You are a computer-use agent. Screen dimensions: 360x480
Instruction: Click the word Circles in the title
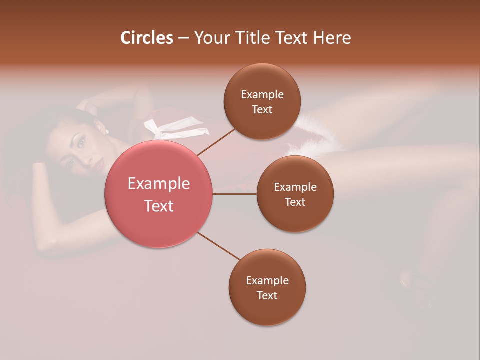[147, 38]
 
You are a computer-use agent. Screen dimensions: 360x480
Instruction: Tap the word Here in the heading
[331, 38]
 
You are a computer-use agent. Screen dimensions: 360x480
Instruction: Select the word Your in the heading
[212, 38]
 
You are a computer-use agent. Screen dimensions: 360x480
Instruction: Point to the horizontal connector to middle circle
[235, 194]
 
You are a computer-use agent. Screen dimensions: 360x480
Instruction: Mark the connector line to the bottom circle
[219, 246]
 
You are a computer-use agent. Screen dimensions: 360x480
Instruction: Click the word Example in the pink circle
[158, 184]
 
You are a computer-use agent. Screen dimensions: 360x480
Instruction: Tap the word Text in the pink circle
[158, 206]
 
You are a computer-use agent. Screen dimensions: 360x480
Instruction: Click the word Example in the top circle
[262, 95]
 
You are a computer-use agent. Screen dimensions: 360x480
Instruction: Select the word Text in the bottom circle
[267, 295]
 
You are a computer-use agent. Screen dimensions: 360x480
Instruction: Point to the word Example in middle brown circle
[295, 187]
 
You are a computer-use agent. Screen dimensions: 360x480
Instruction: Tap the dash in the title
[183, 38]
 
